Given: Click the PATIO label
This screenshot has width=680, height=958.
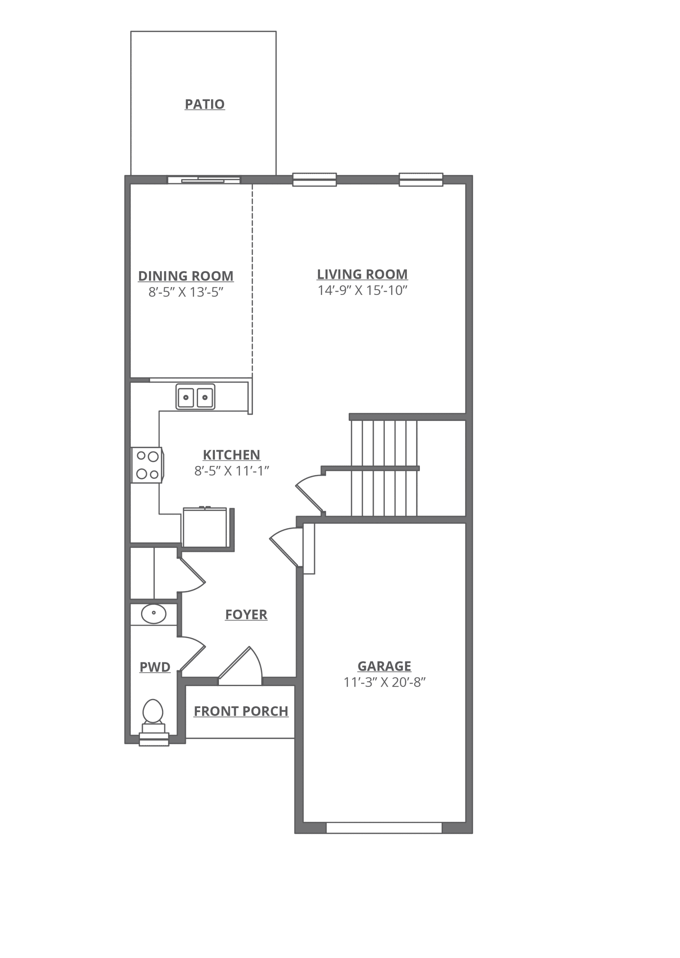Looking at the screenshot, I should coord(205,104).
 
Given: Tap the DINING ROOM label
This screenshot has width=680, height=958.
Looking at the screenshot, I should coord(186,276).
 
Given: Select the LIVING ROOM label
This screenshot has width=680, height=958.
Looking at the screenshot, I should coord(362,275).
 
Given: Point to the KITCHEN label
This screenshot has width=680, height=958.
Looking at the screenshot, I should coord(232,455).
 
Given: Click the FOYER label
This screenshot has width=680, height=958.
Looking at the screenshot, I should coord(246,615).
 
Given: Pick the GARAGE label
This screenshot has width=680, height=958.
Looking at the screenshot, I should coord(384,666).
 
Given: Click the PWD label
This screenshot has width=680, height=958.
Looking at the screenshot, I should coord(155,667).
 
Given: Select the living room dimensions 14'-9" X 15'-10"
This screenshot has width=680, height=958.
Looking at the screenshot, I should coord(363,291).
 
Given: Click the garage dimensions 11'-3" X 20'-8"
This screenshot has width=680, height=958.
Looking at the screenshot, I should coord(384,682).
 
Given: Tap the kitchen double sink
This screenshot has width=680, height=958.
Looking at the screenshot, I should coord(195,397).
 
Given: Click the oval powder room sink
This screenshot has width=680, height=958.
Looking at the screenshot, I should coord(154,614).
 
